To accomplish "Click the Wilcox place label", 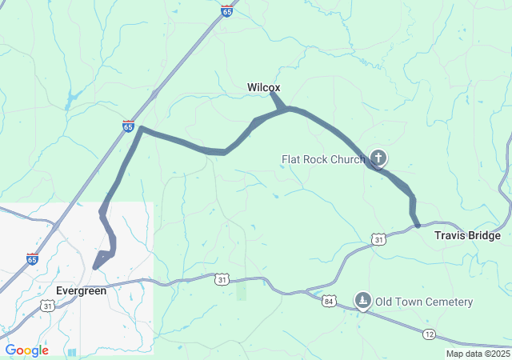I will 263,87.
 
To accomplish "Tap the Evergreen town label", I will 81,290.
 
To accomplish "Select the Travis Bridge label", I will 467,235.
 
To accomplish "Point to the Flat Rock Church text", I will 322,159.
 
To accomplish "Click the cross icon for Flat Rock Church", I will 378,158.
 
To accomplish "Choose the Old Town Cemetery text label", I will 425,302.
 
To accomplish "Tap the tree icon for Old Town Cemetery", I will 363,301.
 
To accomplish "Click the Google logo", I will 26,350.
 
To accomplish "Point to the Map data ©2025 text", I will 478,354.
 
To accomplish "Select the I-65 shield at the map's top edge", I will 227,11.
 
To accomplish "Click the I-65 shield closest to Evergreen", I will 31,258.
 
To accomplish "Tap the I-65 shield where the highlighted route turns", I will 128,126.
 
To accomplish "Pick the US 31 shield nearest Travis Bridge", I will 378,238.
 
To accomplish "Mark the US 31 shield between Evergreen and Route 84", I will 221,278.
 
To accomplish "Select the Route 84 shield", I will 329,301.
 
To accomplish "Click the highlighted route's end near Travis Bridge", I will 418,226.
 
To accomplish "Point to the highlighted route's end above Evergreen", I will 95,267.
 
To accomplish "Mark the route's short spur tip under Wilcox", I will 272,94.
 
